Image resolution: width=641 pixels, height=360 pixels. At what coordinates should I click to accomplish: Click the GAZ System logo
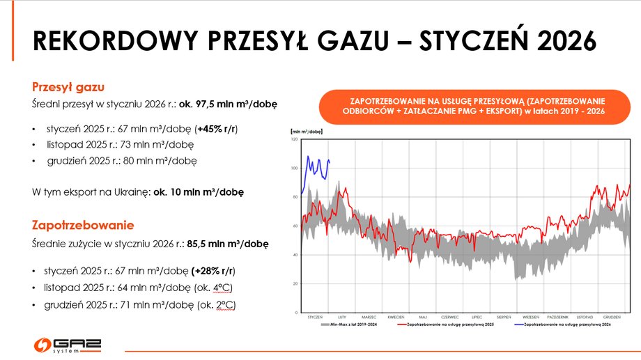(x=68, y=345)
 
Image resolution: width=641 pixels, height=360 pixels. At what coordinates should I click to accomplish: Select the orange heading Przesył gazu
(x=68, y=87)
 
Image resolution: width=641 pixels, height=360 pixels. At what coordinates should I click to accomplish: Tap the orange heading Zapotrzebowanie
(x=83, y=226)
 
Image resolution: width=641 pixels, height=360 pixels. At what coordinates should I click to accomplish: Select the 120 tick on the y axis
(x=295, y=140)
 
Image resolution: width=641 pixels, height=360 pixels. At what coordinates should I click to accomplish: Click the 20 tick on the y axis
(x=295, y=283)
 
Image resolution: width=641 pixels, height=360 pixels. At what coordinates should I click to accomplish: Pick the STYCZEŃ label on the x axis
(x=315, y=317)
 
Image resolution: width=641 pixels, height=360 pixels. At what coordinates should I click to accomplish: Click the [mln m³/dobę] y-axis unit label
(x=306, y=131)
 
